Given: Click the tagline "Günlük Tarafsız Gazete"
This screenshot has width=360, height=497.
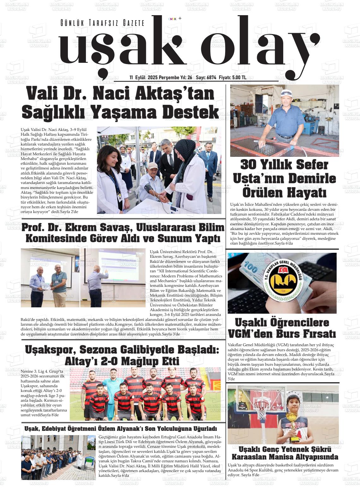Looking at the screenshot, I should pyautogui.click(x=102, y=23).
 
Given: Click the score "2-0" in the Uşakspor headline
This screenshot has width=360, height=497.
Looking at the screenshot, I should pyautogui.click(x=109, y=361).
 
